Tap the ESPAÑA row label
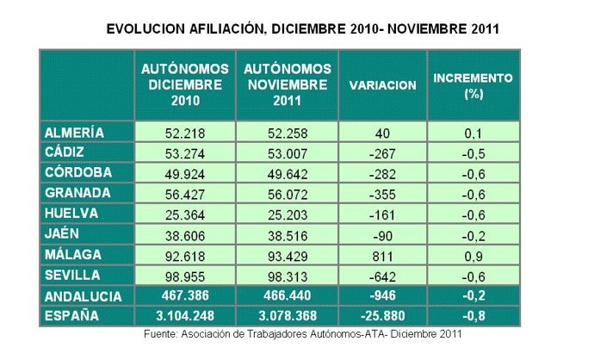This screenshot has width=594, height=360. (70, 316)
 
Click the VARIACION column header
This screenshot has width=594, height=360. (383, 85)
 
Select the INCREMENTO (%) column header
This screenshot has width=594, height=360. (473, 84)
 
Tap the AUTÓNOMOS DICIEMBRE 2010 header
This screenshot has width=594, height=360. (185, 84)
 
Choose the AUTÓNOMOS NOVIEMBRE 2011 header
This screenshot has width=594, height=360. (287, 84)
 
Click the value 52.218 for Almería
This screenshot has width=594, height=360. (185, 133)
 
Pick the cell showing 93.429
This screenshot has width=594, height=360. (287, 254)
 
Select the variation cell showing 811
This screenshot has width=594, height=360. (383, 254)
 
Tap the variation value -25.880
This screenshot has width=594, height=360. (383, 316)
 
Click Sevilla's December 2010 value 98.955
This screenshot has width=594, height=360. (185, 275)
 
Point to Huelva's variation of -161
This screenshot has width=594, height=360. (383, 214)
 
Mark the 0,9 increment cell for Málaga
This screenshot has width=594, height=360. (473, 254)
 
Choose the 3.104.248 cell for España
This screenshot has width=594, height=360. (185, 316)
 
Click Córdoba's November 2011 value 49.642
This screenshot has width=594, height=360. (287, 173)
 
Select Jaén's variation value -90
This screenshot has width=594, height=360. (383, 234)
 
